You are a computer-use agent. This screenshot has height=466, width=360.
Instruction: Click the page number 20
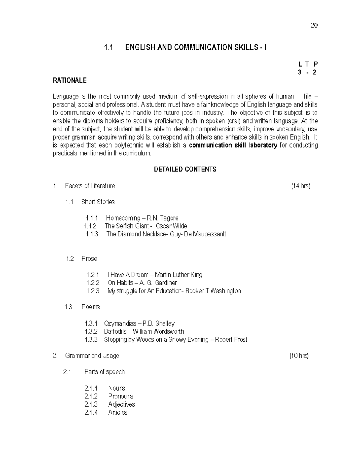click(314, 26)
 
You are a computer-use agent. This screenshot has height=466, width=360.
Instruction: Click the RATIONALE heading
click(70, 80)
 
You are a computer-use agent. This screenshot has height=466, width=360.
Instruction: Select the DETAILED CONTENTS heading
click(185, 170)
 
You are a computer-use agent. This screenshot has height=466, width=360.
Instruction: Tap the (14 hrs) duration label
click(301, 186)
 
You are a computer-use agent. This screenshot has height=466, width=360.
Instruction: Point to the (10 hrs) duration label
click(299, 356)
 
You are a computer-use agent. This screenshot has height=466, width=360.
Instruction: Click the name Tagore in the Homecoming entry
click(169, 218)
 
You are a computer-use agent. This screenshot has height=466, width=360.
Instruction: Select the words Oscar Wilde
click(171, 226)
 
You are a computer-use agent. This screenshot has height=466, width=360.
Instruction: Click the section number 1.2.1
click(93, 275)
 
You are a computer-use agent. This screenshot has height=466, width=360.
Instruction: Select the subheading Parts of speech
click(104, 372)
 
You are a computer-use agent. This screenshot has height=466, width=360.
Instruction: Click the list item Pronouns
click(121, 396)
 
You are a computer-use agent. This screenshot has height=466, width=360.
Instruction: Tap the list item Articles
click(118, 413)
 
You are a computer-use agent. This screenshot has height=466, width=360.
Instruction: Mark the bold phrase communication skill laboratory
click(233, 146)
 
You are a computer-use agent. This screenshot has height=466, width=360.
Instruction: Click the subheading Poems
click(91, 307)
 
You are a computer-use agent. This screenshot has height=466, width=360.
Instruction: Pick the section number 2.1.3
click(91, 404)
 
